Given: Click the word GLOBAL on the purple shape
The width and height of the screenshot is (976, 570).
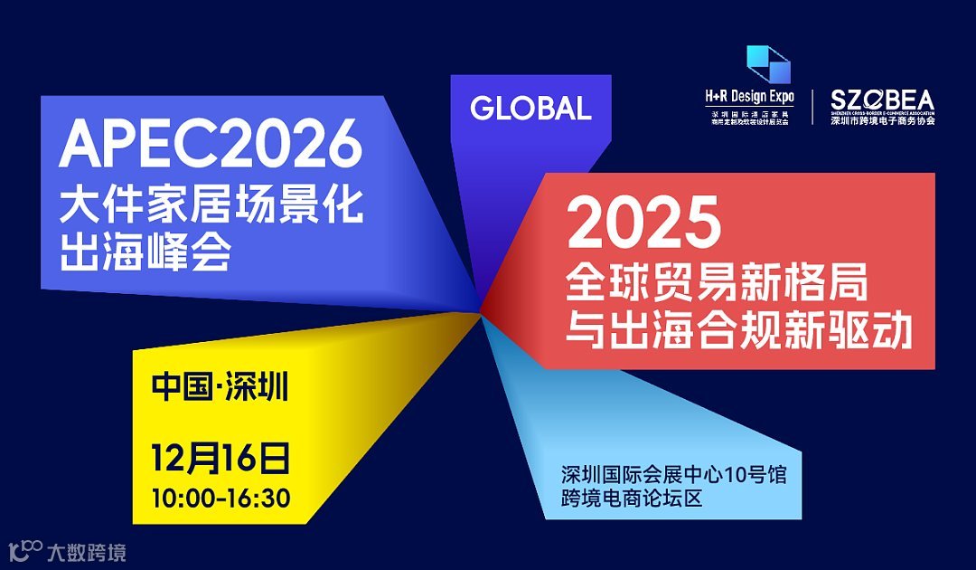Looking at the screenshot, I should click(x=530, y=109).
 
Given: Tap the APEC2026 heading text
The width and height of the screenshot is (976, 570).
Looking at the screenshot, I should click(x=211, y=144).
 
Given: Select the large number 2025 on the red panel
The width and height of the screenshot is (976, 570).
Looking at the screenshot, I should click(x=644, y=223).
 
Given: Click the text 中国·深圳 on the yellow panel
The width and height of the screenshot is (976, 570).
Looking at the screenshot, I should click(x=220, y=387).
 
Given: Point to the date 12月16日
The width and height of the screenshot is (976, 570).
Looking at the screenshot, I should click(x=221, y=459).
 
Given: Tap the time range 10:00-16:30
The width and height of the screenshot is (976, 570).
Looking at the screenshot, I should click(x=221, y=498).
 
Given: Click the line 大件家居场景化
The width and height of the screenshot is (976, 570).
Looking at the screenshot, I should click(x=211, y=207).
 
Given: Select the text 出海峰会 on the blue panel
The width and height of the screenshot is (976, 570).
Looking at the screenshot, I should click(x=145, y=252).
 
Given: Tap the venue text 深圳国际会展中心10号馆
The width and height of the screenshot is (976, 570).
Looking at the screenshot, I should click(x=673, y=474).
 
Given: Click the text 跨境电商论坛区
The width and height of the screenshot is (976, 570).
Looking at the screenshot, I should click(x=632, y=498).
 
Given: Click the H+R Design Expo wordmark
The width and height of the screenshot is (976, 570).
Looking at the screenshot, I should click(x=749, y=95).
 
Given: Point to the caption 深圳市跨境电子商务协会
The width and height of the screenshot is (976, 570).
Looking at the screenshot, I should click(x=882, y=120).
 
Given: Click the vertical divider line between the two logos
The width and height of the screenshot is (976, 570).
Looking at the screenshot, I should click(x=812, y=107).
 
